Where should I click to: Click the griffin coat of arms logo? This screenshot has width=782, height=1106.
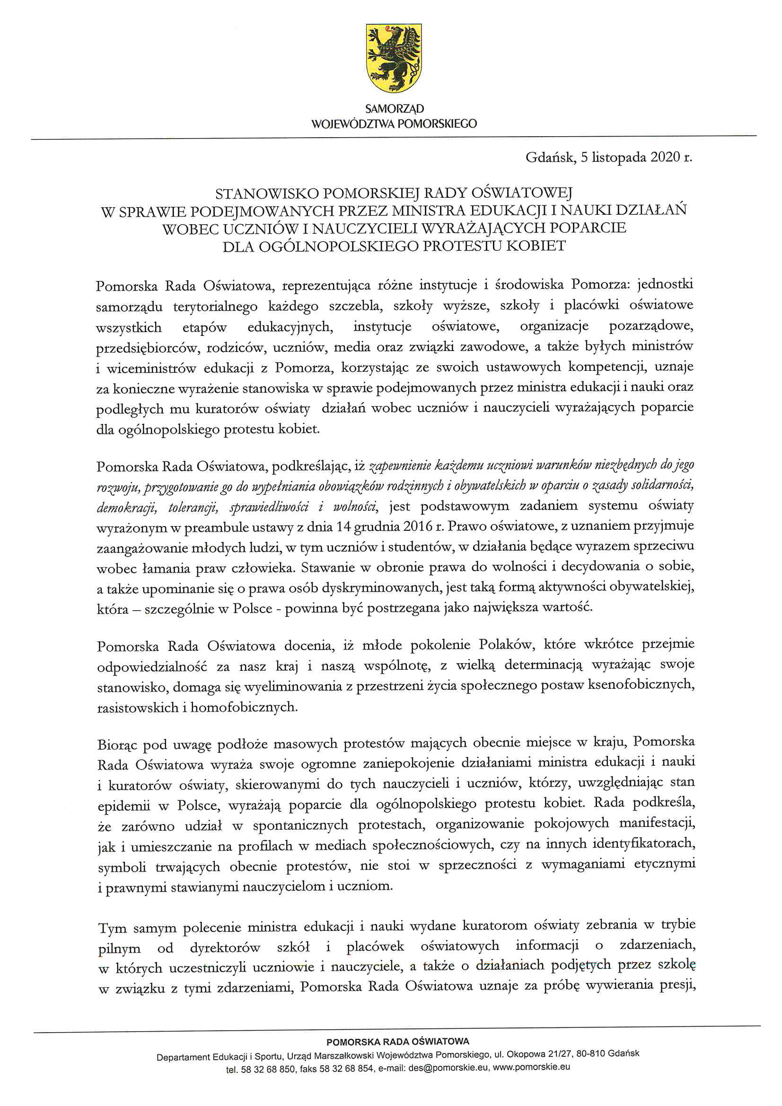(394, 58)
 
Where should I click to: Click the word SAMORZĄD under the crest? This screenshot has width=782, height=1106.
(394, 109)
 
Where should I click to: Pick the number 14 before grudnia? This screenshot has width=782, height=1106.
(343, 527)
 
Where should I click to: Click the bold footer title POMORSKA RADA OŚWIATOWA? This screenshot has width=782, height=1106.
(397, 1042)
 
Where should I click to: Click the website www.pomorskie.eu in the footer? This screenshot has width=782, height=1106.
(531, 1067)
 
